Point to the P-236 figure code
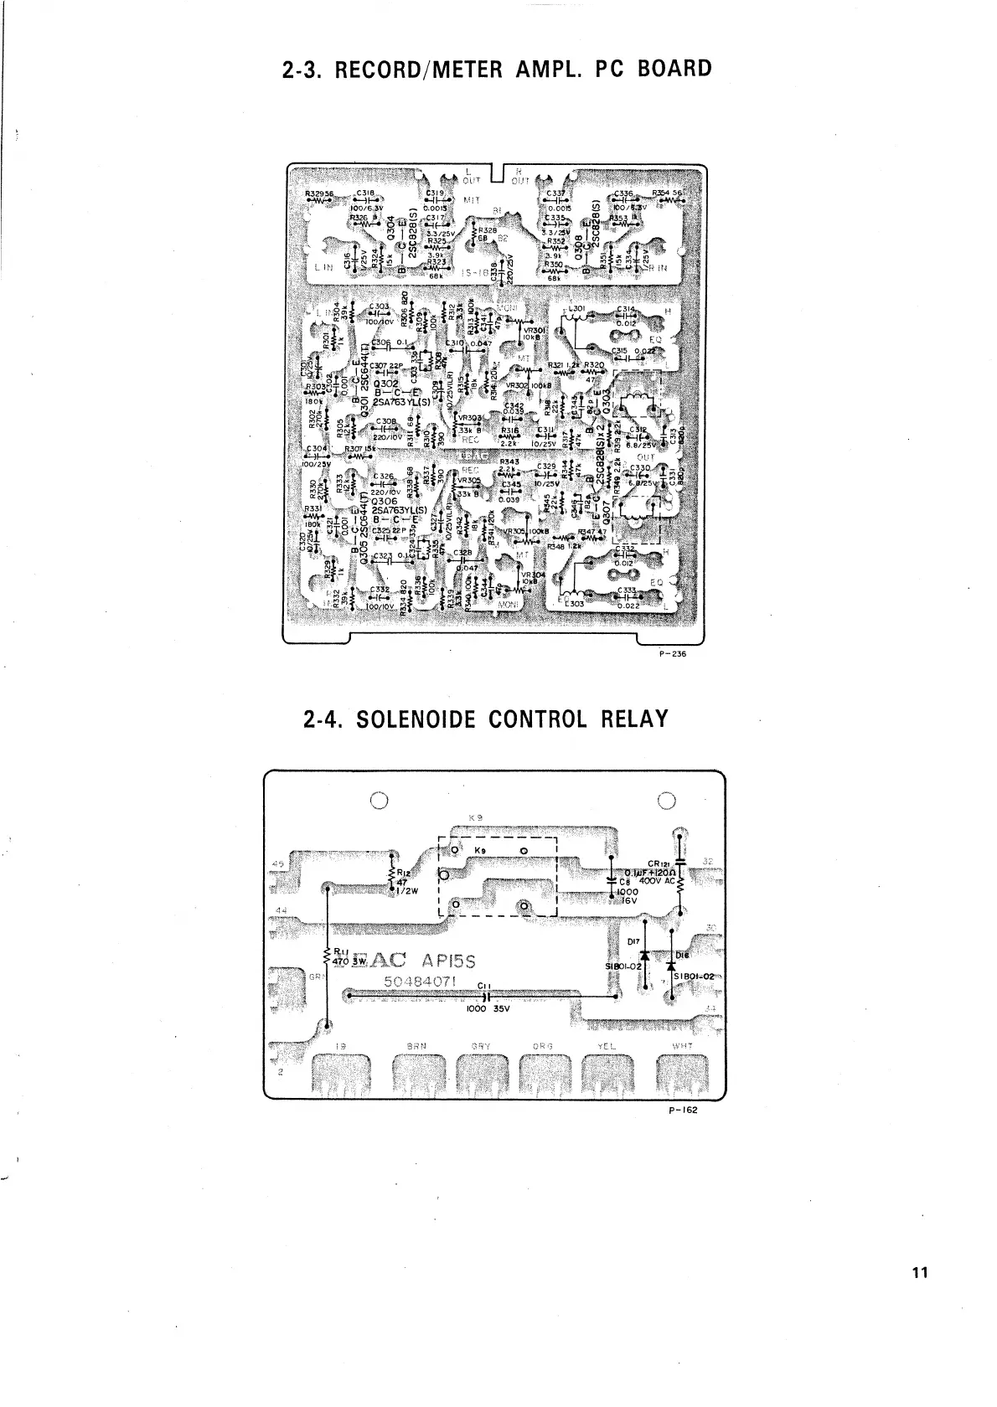tap(673, 654)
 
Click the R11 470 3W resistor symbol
tap(327, 958)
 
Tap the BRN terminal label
tap(416, 1045)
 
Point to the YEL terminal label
tap(607, 1045)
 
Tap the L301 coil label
tap(577, 310)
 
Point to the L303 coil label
tap(576, 603)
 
